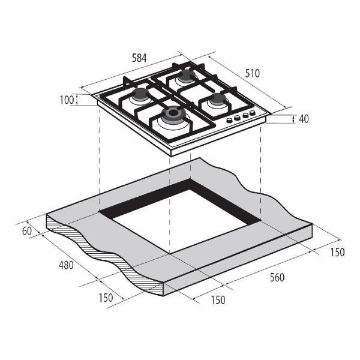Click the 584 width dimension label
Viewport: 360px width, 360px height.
(x=139, y=58)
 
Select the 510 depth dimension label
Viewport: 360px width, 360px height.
(x=253, y=73)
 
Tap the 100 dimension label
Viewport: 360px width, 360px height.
(x=67, y=100)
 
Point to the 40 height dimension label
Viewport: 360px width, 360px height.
(x=304, y=119)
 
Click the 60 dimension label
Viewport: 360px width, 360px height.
(x=27, y=231)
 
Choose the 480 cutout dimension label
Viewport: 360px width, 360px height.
(x=66, y=265)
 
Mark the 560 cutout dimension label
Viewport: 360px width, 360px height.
(x=277, y=277)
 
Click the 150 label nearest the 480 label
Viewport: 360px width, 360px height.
(x=106, y=298)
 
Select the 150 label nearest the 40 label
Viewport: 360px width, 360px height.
(x=337, y=252)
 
